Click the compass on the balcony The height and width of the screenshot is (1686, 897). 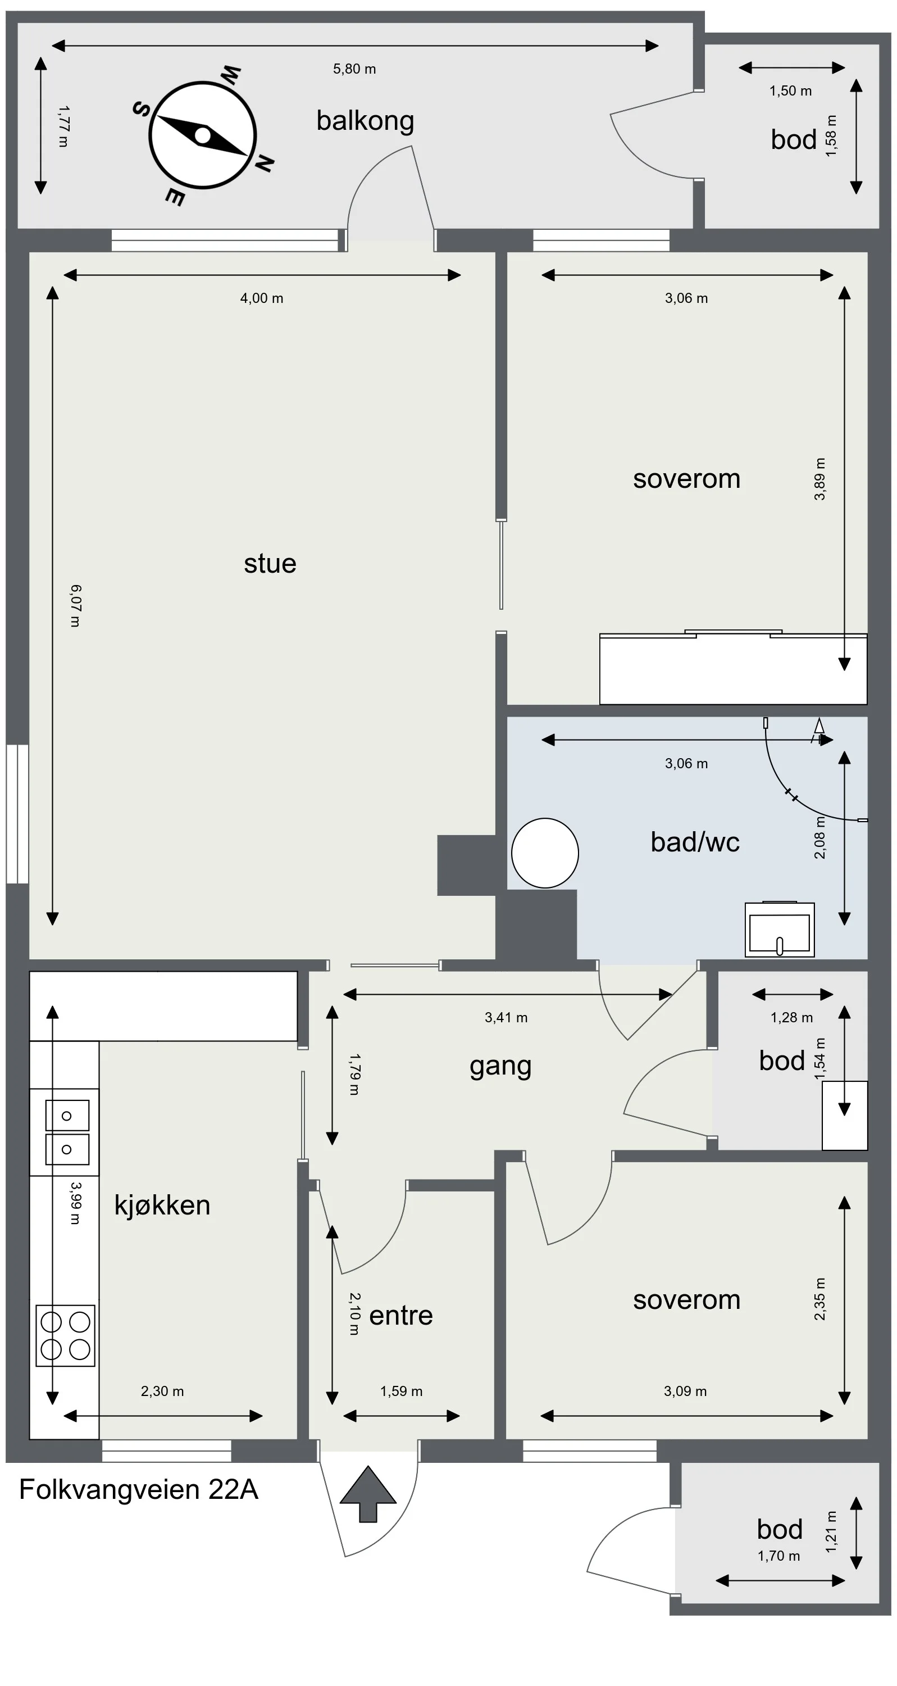[203, 135]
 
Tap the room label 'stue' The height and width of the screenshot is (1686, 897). [270, 564]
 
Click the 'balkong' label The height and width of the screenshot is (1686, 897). [365, 120]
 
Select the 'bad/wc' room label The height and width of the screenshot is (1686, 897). [695, 842]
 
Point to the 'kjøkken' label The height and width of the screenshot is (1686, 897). [162, 1205]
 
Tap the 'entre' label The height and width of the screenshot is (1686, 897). [401, 1316]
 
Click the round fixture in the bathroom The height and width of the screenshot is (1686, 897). [545, 853]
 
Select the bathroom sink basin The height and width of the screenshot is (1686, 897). [780, 930]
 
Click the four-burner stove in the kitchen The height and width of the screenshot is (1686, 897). [65, 1335]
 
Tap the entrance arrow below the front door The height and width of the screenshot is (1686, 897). [368, 1494]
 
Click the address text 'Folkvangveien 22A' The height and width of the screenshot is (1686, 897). [139, 1490]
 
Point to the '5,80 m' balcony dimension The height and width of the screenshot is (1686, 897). [354, 69]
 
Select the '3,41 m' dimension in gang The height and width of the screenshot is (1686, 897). [507, 1017]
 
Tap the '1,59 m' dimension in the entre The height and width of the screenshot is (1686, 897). [402, 1391]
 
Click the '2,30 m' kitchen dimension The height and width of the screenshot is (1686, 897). [162, 1391]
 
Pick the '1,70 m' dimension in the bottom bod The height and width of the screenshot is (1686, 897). [779, 1556]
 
